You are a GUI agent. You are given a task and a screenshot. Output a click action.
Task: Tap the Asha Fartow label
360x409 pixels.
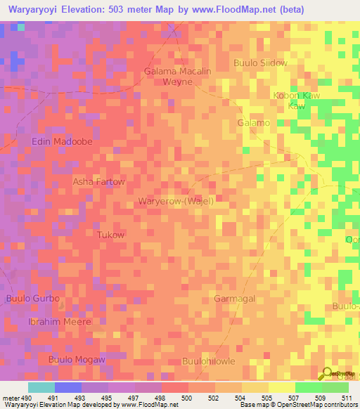tap(99, 181)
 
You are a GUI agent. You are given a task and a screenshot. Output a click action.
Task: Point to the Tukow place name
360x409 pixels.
tap(110, 235)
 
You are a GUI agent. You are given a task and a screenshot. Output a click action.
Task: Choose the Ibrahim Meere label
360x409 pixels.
tap(49, 321)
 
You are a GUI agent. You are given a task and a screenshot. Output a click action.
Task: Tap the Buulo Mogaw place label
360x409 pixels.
tap(77, 360)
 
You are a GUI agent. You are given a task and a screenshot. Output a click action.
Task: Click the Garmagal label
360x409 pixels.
tap(234, 299)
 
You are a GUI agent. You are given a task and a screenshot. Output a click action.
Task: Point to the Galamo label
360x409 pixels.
tap(254, 123)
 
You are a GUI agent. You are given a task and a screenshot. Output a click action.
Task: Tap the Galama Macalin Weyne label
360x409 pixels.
tap(177, 77)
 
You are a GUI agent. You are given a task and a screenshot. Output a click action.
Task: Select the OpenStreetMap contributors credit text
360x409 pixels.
tap(313, 405)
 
